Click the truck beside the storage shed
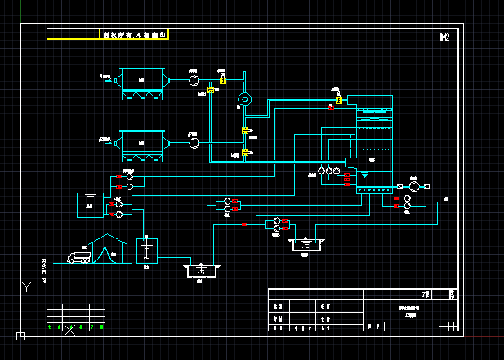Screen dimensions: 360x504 pyautogui.click(x=81, y=258)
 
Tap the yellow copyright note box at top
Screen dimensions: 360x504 pyautogui.click(x=134, y=35)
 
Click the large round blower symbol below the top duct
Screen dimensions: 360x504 pyautogui.click(x=243, y=100)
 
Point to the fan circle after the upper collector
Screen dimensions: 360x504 pyautogui.click(x=194, y=80)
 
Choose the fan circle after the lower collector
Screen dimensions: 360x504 pyautogui.click(x=194, y=143)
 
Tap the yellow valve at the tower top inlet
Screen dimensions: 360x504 pyautogui.click(x=339, y=99)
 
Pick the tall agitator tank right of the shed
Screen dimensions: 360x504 pyautogui.click(x=147, y=250)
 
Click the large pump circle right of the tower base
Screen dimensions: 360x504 pyautogui.click(x=414, y=187)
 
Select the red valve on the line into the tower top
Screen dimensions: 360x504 pyautogui.click(x=332, y=107)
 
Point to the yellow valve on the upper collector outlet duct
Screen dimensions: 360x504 pyautogui.click(x=223, y=80)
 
